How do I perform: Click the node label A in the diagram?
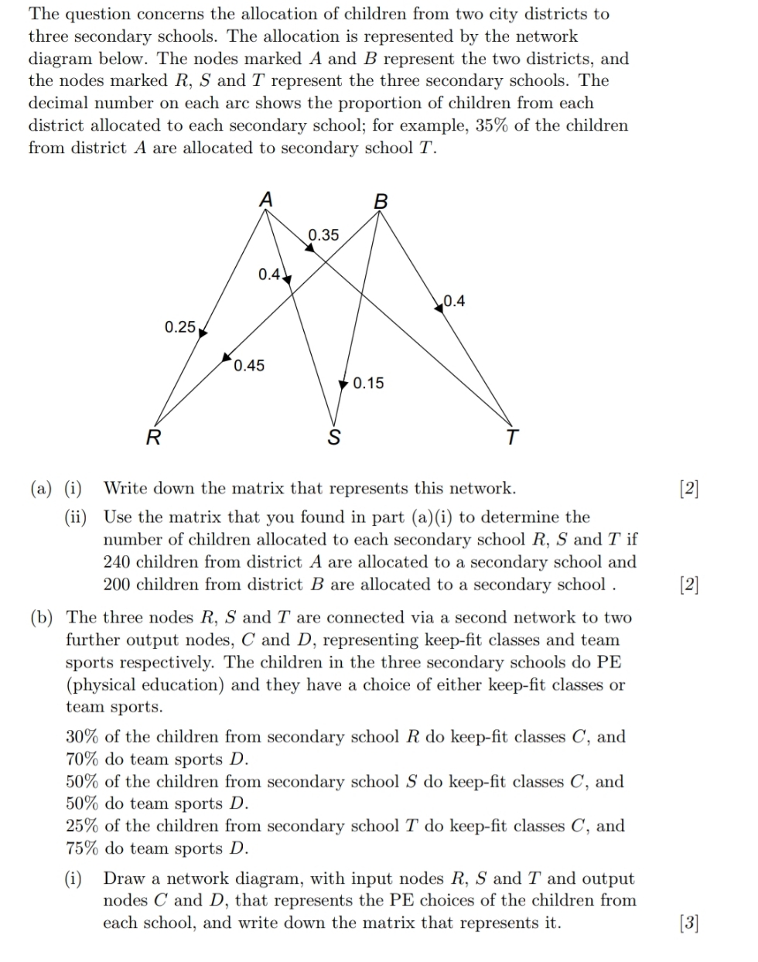coord(265,199)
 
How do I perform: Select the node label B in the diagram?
coord(380,202)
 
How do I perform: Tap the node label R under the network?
coord(154,438)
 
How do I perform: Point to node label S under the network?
coord(334,438)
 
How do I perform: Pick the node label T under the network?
coord(511,438)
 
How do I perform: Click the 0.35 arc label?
coord(323,234)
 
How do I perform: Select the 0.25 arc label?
coord(180,326)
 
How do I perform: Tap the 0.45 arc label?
coord(249,365)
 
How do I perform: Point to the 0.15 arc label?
coord(367,383)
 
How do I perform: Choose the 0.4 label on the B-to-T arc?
coord(454,301)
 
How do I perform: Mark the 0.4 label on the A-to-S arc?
coord(269,275)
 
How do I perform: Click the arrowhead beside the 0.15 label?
coord(344,384)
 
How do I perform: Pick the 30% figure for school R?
coord(82,737)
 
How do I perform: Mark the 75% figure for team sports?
coord(82,848)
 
